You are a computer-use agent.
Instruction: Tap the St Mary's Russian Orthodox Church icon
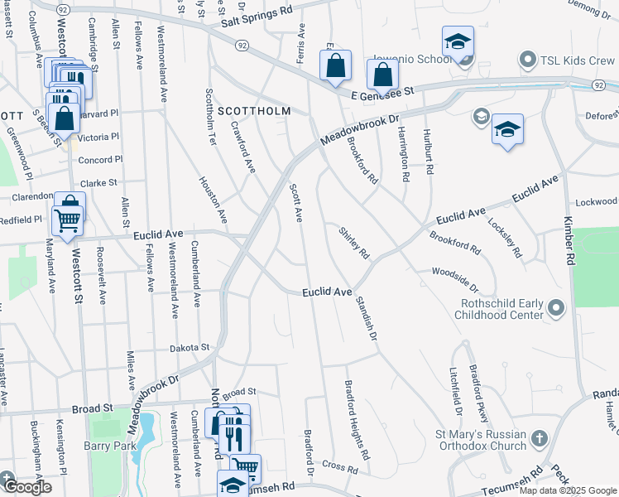point(539,437)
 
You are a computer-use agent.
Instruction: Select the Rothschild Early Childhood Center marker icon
point(556,308)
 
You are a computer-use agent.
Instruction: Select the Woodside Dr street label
point(454,278)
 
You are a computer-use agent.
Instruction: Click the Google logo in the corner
point(28,487)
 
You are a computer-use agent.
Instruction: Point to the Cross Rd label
point(340,467)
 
